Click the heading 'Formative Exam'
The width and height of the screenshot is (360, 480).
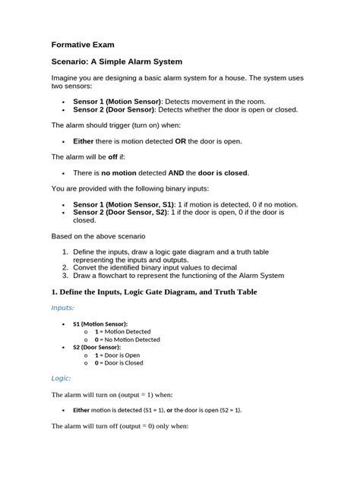tap(83, 45)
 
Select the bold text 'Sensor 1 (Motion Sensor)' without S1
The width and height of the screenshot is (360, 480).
tap(117, 101)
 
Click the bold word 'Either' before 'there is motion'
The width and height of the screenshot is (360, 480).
tap(83, 141)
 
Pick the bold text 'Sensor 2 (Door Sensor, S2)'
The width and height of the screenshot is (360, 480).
tap(121, 213)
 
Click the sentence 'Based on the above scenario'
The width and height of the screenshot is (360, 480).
tap(98, 237)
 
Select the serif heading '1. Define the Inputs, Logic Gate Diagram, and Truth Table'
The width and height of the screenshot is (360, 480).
tap(154, 292)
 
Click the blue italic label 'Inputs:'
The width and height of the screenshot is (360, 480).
tap(62, 308)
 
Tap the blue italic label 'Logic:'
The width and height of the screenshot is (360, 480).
tap(61, 378)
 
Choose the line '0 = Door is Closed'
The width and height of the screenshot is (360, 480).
tap(123, 363)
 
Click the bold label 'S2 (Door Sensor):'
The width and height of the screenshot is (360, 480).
tap(96, 347)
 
